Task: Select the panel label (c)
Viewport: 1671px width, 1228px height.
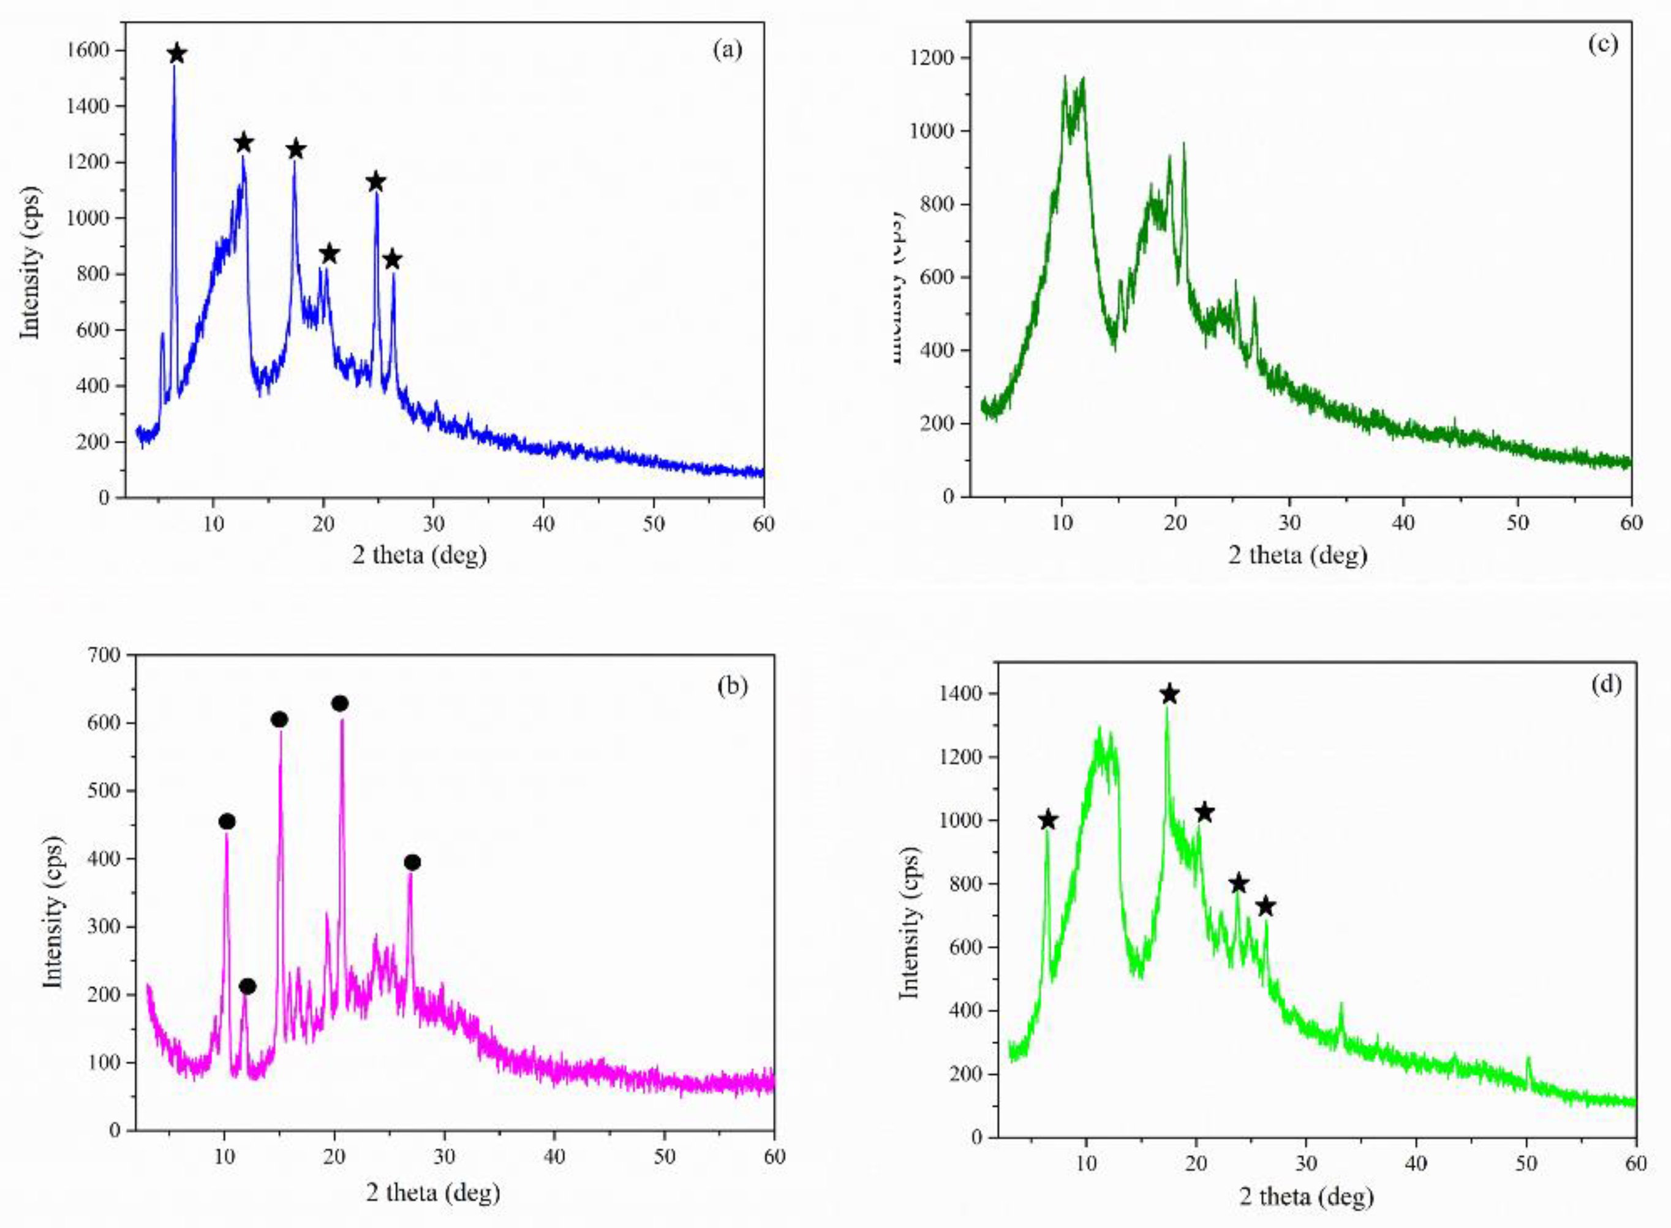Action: tap(1602, 44)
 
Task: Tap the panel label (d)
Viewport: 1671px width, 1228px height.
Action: tap(1605, 683)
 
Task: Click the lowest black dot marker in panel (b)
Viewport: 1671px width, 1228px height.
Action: tap(247, 987)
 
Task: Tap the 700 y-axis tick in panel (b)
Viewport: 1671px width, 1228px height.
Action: tap(105, 655)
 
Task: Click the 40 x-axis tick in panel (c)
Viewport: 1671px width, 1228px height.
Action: tap(1403, 523)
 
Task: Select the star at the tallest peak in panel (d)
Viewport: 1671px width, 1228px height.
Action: tap(1169, 694)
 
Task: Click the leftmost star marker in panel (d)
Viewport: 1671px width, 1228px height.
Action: tap(1047, 820)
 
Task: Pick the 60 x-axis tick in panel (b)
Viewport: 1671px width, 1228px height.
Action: tap(774, 1157)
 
